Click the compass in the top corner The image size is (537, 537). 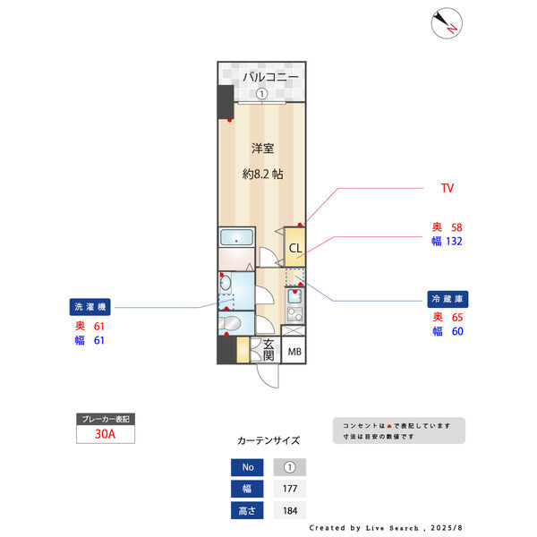pos(447,23)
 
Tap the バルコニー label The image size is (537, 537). pos(270,77)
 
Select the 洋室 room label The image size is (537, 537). pos(262,149)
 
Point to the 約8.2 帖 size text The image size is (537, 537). pos(262,175)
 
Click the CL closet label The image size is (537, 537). pos(295,248)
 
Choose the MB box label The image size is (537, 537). pos(294,352)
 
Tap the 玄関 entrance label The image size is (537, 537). pos(268,350)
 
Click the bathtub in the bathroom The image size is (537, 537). pos(236,237)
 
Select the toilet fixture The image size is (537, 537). pos(230,323)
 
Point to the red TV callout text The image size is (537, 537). pos(447,188)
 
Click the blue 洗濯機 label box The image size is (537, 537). pos(90,307)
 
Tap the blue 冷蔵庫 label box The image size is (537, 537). pos(447,299)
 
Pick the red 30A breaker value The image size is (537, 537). pos(105,434)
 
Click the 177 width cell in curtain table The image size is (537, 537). pos(290,489)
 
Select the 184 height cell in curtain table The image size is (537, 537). pos(290,511)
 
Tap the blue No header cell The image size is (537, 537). pos(247,467)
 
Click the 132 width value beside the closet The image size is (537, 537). pos(454,242)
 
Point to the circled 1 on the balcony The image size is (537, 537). pos(262,93)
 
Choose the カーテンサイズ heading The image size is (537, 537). pos(268,440)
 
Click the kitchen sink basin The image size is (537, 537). pos(294,296)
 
